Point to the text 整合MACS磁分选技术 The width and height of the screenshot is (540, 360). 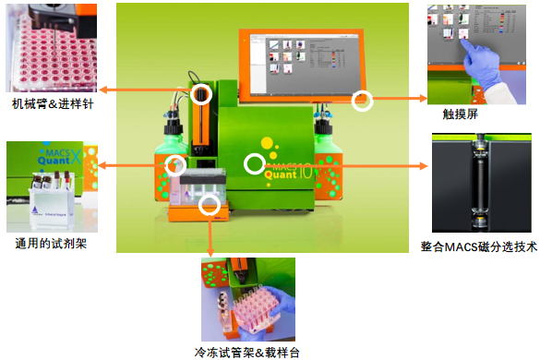(x=478, y=246)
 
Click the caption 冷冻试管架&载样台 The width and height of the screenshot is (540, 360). (x=246, y=352)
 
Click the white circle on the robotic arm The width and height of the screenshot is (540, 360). (x=202, y=93)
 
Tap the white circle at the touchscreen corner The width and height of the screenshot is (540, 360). (x=363, y=101)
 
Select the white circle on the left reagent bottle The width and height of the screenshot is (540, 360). (x=174, y=165)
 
